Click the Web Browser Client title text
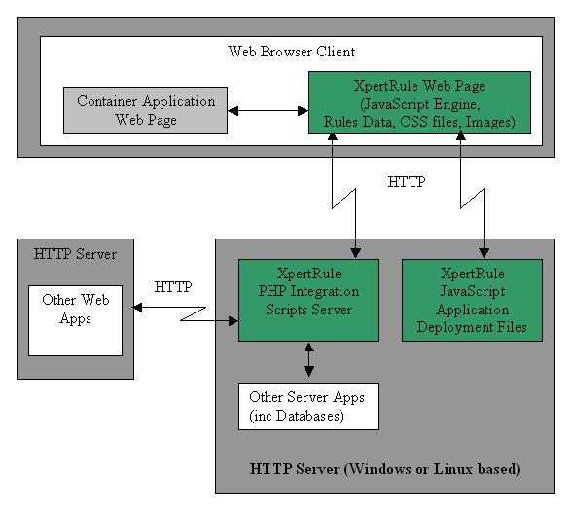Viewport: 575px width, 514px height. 292,52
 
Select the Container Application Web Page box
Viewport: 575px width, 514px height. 146,110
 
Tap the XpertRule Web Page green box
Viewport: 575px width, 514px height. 419,103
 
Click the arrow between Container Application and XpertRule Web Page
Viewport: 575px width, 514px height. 269,110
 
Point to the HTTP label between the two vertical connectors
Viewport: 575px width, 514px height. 407,182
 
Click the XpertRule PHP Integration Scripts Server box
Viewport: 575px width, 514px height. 308,300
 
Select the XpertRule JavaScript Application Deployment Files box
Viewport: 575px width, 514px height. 472,300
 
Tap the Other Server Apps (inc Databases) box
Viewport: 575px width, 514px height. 308,406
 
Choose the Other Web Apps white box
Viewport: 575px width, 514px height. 75,320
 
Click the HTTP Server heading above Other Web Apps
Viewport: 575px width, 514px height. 75,254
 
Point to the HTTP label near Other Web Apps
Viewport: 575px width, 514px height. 173,287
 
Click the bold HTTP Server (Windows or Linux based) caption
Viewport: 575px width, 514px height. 384,469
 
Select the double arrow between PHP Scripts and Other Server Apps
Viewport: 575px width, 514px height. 308,359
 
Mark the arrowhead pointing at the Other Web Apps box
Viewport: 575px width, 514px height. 137,308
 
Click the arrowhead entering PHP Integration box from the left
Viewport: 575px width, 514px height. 234,321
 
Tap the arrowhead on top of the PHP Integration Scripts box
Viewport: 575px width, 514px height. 356,253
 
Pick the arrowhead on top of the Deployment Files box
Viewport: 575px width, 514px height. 485,253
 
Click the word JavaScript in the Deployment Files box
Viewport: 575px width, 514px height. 472,291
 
